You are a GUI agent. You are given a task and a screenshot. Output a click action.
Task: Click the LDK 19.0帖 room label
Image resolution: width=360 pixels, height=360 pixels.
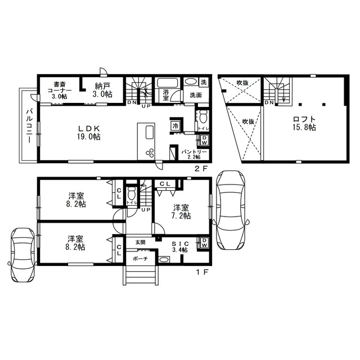(89, 133)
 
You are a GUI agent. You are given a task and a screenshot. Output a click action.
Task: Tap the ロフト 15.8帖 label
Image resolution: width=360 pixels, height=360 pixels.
(304, 123)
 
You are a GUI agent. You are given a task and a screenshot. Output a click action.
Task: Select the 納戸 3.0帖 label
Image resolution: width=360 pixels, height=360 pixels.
(102, 90)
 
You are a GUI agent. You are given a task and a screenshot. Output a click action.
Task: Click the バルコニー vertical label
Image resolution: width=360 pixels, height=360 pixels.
(29, 126)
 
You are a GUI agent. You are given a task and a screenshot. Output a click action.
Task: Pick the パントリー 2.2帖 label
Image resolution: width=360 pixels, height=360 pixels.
(194, 154)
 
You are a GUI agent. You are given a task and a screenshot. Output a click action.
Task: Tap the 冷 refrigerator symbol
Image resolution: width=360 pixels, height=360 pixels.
(175, 126)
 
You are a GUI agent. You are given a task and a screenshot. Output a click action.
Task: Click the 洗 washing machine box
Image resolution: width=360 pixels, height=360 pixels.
(204, 82)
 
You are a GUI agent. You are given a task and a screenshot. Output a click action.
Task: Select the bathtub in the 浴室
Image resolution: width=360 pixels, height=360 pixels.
(167, 83)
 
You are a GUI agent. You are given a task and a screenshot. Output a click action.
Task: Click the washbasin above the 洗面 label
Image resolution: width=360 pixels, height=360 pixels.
(191, 82)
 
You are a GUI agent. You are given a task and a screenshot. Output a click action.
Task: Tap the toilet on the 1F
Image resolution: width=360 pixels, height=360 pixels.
(132, 193)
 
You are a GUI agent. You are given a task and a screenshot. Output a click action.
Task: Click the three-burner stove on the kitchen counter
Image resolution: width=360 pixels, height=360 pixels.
(150, 152)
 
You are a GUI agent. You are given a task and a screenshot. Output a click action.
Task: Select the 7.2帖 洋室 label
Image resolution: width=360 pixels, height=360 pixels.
(181, 211)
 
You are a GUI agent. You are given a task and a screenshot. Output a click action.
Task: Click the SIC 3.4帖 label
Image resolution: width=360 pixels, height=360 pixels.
(181, 246)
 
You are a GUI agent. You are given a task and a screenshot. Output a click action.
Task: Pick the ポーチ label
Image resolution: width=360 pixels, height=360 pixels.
(140, 259)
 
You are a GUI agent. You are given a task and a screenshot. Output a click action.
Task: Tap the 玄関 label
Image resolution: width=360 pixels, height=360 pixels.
(140, 242)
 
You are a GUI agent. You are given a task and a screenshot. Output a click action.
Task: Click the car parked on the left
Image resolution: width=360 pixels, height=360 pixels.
(22, 255)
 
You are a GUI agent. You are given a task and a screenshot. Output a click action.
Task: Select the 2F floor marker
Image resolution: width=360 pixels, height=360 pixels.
(201, 169)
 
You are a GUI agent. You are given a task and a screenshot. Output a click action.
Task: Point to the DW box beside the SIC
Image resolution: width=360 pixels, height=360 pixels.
(204, 242)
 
